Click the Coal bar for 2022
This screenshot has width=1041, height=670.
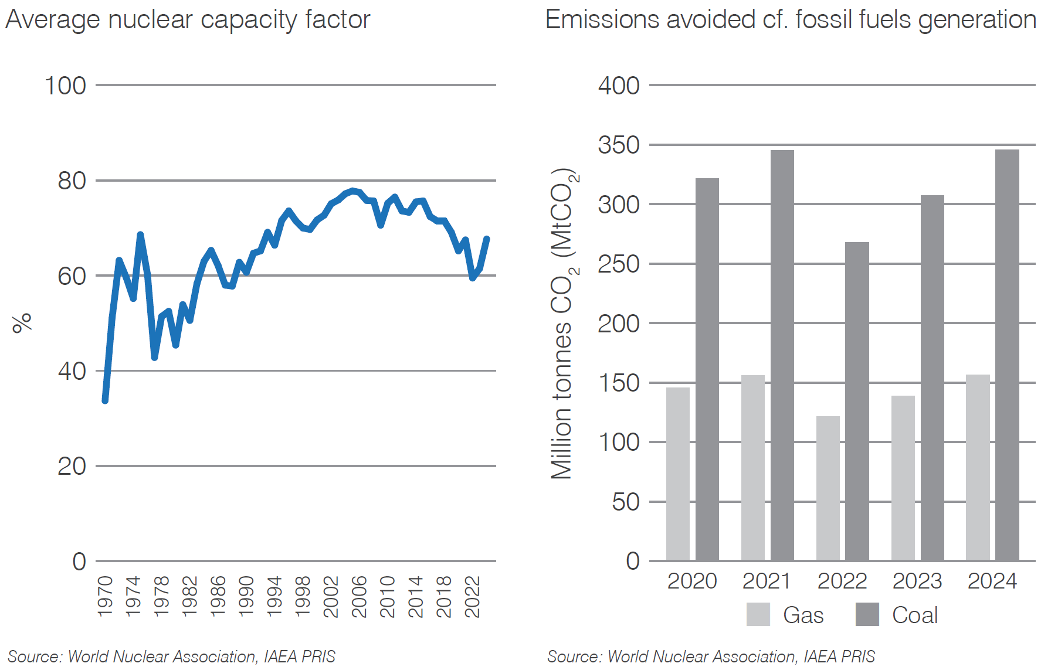click(x=857, y=402)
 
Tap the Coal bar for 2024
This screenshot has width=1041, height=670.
click(x=1007, y=355)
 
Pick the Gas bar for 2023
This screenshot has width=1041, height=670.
click(x=903, y=478)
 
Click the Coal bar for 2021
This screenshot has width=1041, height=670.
click(x=782, y=355)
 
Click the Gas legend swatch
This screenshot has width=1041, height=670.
click(x=758, y=614)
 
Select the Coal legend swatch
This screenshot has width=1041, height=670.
click(x=867, y=614)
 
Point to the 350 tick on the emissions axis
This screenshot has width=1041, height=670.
click(x=619, y=145)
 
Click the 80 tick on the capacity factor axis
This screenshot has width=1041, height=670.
click(x=72, y=181)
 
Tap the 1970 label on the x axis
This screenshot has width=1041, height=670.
click(x=105, y=596)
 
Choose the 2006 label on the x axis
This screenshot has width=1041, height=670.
click(x=359, y=596)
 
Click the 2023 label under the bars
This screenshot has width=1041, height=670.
click(x=917, y=581)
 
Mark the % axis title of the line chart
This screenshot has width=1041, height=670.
click(x=22, y=323)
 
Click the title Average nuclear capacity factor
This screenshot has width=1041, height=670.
click(x=188, y=19)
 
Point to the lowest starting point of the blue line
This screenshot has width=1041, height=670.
click(x=105, y=400)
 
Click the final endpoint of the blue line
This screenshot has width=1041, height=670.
click(x=487, y=239)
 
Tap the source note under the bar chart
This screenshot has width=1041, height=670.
click(x=711, y=657)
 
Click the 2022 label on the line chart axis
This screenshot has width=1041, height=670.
click(x=472, y=596)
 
